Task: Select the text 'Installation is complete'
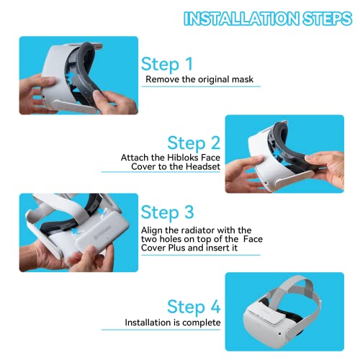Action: pyautogui.click(x=173, y=323)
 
